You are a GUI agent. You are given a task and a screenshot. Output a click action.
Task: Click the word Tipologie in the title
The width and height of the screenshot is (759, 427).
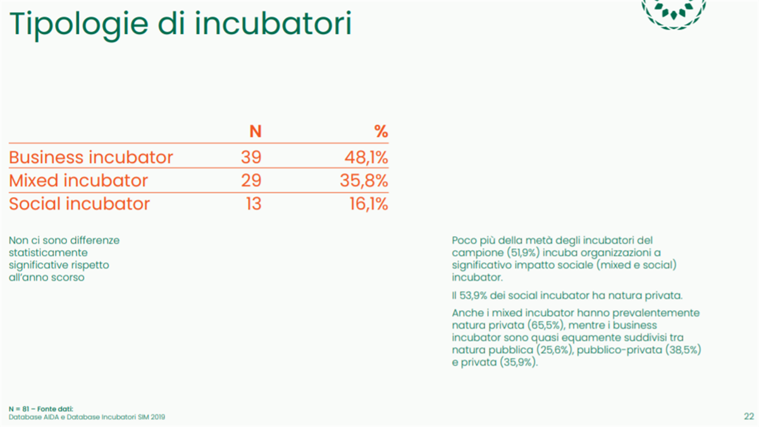click(x=79, y=25)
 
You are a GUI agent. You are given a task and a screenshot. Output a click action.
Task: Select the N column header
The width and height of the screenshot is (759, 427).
click(x=256, y=131)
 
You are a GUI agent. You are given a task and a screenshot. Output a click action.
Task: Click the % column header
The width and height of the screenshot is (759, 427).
click(x=381, y=131)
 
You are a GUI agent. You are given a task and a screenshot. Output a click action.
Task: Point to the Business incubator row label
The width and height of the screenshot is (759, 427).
click(x=91, y=157)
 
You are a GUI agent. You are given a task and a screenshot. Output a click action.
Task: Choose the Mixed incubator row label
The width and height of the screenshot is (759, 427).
click(x=78, y=181)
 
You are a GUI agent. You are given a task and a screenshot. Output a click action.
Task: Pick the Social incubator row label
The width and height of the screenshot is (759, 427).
click(x=79, y=203)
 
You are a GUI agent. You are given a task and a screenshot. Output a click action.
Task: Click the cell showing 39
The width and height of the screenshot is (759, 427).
click(x=251, y=157)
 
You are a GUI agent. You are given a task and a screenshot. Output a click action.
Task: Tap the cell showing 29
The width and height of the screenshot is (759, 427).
click(x=251, y=181)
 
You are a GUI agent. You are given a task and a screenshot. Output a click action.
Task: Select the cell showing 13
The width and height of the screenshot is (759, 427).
click(x=254, y=203)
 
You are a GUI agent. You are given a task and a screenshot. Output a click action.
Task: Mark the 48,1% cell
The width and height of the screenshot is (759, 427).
click(x=366, y=158)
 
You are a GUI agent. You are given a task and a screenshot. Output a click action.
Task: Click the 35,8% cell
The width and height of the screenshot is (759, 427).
click(x=364, y=181)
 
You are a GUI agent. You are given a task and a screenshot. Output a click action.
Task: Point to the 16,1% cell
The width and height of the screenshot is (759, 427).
click(x=369, y=204)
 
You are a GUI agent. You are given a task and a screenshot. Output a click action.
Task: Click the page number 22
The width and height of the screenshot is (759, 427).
click(x=749, y=416)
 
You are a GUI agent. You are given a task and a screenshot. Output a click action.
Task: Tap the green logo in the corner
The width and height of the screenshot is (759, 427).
click(x=674, y=13)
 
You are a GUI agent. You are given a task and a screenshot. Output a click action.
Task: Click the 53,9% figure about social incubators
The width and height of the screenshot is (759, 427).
click(x=473, y=296)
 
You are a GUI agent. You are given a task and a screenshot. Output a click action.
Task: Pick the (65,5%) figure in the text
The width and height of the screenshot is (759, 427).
click(x=545, y=325)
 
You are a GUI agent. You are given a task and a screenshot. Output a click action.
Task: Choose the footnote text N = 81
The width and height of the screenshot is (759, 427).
click(x=19, y=409)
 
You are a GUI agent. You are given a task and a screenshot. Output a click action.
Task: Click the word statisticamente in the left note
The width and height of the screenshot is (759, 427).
click(x=48, y=253)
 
